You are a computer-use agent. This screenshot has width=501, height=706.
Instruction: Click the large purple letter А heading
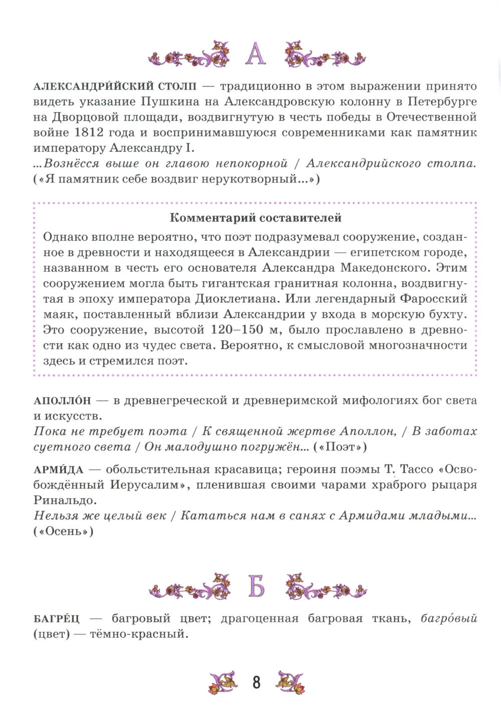[x=256, y=54]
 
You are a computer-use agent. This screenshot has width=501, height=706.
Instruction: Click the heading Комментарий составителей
[x=256, y=218]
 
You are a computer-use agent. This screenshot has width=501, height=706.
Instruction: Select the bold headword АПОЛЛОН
[x=63, y=401]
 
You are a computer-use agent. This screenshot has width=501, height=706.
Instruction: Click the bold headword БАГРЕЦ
[x=56, y=618]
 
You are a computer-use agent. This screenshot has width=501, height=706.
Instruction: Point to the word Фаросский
[x=429, y=299]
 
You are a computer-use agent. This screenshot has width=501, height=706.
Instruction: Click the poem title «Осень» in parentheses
[x=63, y=532]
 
